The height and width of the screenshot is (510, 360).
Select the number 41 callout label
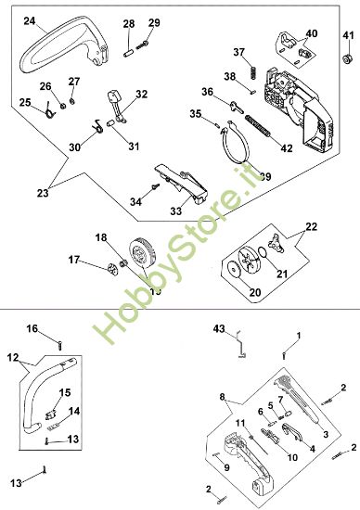pyautogui.click(x=348, y=35)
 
